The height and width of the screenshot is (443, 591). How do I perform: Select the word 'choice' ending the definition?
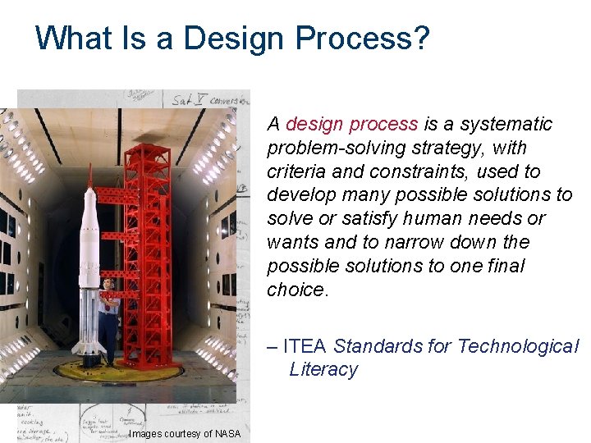[x=295, y=290]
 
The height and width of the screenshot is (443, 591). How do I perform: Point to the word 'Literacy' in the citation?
[x=323, y=370]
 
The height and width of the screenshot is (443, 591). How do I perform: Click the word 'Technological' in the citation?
[x=517, y=346]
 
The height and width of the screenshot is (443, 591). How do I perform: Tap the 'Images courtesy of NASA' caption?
[x=185, y=434]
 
